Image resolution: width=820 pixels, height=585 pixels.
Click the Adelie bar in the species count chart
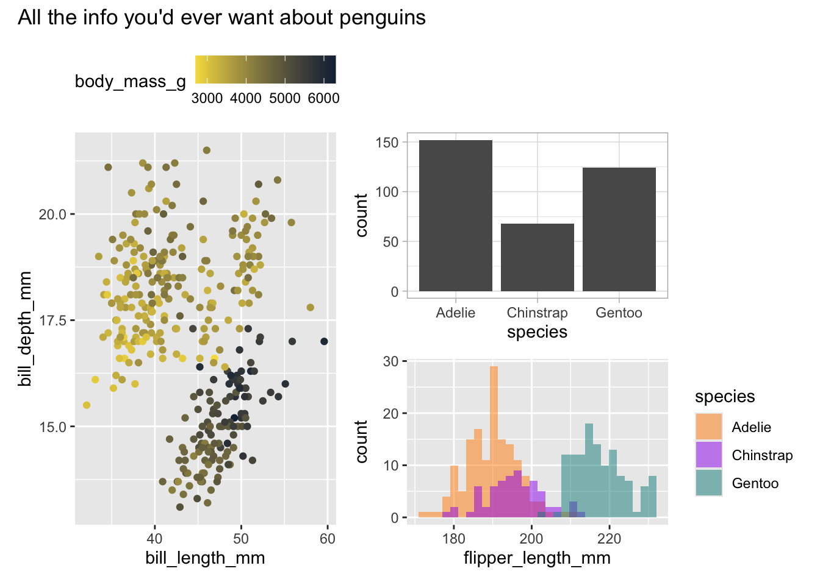(x=455, y=216)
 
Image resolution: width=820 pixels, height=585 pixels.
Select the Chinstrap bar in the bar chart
(x=537, y=257)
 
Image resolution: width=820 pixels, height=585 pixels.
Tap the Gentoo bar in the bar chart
(x=619, y=229)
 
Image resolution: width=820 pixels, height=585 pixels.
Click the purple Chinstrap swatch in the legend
(x=708, y=455)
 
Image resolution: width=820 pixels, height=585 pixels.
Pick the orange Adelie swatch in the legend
(x=708, y=427)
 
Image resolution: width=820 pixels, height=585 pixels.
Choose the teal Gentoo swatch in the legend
(x=708, y=483)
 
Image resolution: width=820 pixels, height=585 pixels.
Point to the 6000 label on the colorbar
(x=323, y=98)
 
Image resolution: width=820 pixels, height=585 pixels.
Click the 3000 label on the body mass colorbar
(x=207, y=98)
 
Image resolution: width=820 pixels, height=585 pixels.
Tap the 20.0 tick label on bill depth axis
(x=52, y=214)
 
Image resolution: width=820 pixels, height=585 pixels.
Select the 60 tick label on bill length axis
(x=327, y=538)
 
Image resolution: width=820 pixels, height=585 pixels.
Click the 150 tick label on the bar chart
(x=387, y=143)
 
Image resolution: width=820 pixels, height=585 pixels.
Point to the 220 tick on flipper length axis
(x=609, y=538)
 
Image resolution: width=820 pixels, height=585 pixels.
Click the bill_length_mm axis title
(x=205, y=558)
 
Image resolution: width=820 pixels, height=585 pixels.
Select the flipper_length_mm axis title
(x=537, y=558)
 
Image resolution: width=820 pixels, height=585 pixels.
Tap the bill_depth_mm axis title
(x=25, y=329)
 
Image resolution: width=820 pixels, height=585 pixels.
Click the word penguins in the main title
(x=383, y=18)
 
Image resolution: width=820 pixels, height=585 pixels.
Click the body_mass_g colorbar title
(x=130, y=82)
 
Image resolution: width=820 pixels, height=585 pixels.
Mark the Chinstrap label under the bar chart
(x=537, y=313)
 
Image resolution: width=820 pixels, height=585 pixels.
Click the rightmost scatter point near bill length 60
(x=324, y=341)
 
